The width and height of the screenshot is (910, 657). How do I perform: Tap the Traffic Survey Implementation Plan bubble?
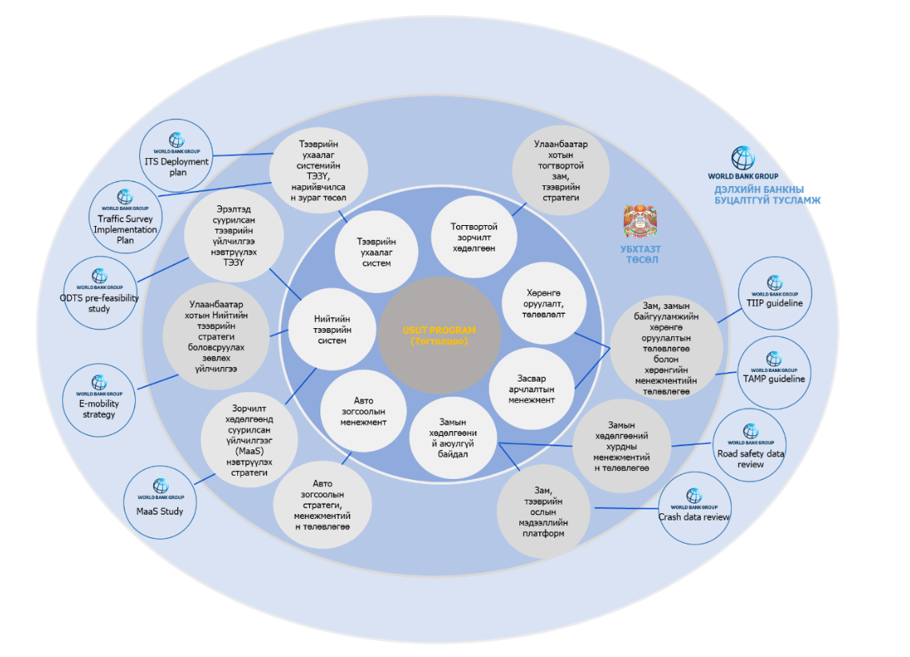point(125,216)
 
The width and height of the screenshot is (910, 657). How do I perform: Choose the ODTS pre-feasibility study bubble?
point(99,292)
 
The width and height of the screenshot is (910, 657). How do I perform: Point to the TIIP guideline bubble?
point(774,294)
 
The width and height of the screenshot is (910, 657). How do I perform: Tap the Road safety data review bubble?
point(750,448)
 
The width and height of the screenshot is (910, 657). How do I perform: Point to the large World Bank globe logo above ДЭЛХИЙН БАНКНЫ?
point(742,158)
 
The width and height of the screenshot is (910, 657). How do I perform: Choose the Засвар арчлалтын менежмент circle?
point(530,389)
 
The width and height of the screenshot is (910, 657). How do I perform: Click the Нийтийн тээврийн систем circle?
point(332,330)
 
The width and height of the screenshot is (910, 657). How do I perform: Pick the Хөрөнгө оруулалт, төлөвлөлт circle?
point(545,303)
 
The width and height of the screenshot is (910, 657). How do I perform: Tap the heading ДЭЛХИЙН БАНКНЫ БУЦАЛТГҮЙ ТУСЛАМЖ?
point(767,195)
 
